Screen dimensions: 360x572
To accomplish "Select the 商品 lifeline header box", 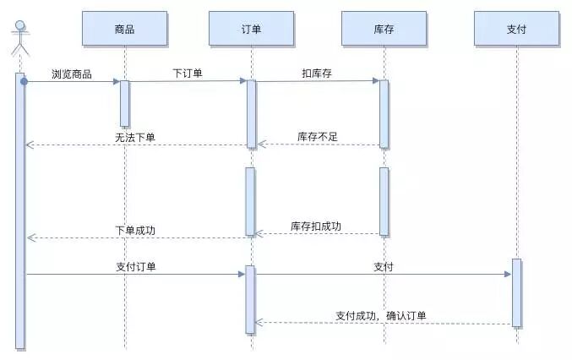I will (x=124, y=30).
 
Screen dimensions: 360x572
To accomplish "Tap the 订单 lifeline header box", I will (x=250, y=30).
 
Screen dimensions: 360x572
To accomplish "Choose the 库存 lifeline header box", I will (x=384, y=30).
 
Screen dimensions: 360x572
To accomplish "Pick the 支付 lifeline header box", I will (x=516, y=30).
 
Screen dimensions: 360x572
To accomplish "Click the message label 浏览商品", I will (x=71, y=74).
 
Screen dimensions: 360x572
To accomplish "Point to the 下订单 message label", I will (x=187, y=74).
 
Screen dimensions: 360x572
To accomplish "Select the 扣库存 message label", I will (x=317, y=74).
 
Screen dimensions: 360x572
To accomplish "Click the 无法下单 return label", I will (x=135, y=137).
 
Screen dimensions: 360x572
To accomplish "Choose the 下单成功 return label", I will (x=135, y=230).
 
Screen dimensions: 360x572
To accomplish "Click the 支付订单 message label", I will (x=135, y=266).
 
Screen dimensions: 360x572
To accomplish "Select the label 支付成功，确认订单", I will (x=380, y=316).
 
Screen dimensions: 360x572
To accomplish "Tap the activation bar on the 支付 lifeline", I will (x=516, y=292).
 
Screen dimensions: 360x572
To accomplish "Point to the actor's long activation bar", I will (x=20, y=211).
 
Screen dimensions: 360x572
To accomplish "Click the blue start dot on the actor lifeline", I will (x=25, y=81).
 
